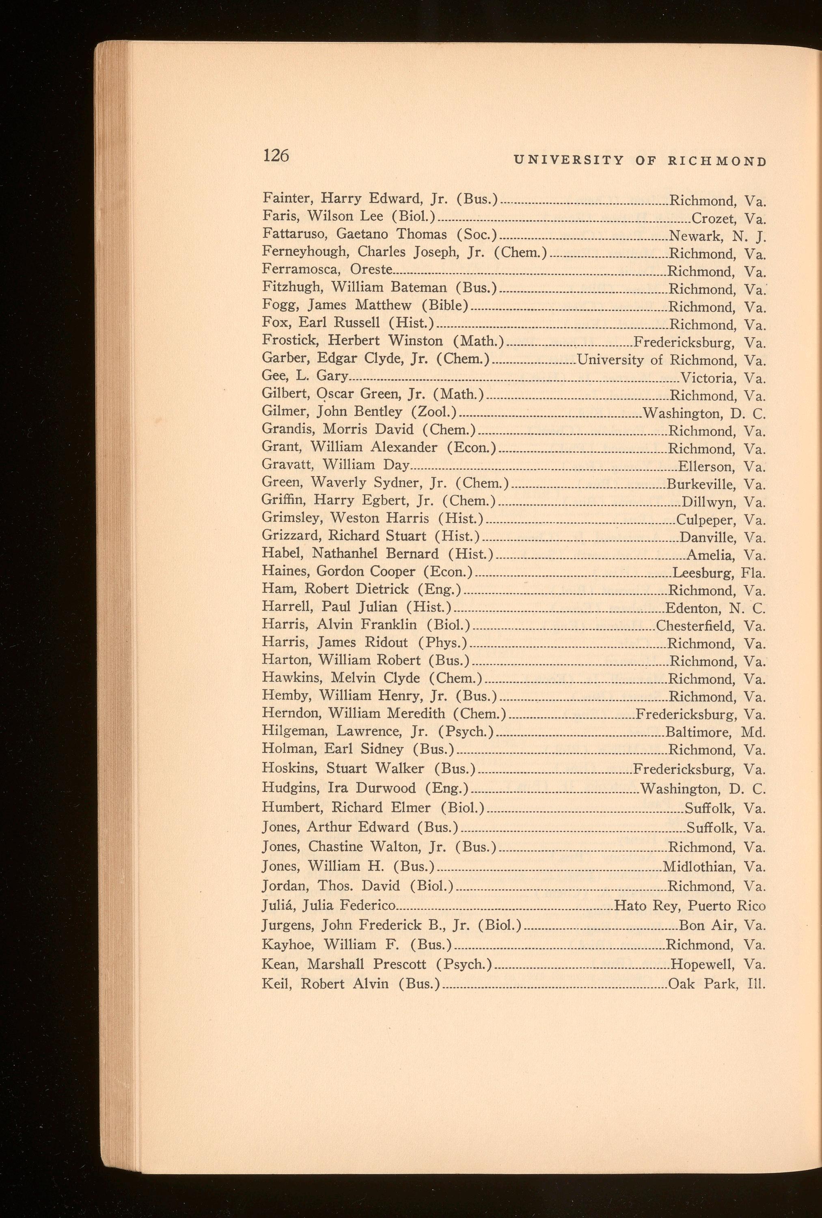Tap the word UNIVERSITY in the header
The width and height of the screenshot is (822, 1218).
click(x=569, y=161)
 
